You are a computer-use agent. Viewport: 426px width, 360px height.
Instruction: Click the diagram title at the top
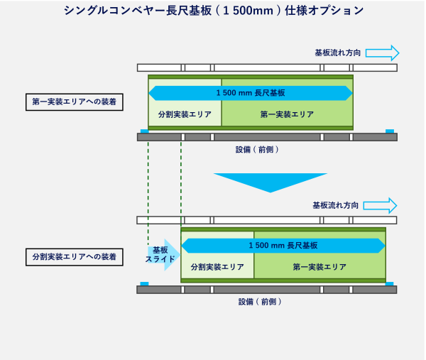213,11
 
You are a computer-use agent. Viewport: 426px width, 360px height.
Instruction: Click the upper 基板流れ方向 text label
337,53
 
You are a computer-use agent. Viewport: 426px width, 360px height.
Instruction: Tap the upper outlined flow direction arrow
382,53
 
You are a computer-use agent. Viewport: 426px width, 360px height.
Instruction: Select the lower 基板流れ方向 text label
335,205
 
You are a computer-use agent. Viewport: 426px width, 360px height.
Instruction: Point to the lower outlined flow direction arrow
380,205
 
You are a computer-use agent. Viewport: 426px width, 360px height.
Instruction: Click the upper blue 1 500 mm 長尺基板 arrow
251,93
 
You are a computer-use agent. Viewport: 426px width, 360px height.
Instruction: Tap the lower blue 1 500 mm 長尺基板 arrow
283,246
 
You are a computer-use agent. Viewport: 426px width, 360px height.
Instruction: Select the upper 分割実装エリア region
185,114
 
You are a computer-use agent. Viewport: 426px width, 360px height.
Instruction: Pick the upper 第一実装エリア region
287,114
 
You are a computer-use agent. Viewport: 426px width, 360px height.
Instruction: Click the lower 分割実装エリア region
217,267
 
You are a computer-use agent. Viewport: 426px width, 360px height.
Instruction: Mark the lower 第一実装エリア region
319,267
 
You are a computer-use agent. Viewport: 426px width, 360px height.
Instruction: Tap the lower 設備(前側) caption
260,302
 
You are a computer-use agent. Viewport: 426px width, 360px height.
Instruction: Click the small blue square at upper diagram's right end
389,131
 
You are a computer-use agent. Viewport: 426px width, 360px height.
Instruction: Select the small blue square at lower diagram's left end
144,283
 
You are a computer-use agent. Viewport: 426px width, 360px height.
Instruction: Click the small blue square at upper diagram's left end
144,131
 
